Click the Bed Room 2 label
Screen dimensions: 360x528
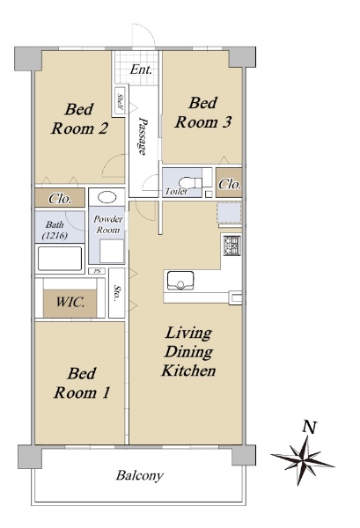coord(80,119)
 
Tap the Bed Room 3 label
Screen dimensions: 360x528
coord(203,113)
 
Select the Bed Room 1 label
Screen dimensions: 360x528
coord(82,383)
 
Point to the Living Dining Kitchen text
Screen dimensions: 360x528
coord(188,351)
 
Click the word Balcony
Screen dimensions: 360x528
coord(140,475)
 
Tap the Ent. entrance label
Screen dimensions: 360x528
coord(141,70)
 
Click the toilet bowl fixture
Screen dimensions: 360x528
coord(190,183)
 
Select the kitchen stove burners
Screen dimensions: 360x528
coord(232,246)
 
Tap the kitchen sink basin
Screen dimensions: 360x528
coord(180,280)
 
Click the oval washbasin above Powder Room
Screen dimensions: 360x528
coord(107,197)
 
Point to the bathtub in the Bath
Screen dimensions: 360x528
coord(60,258)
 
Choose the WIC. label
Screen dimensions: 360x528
coord(70,302)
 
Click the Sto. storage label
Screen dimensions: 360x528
coord(117,293)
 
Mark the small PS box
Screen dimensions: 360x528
coord(97,271)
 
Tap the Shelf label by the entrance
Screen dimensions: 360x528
coord(120,101)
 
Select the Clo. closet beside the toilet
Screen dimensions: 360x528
coord(230,184)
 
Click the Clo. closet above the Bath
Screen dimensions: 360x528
coord(60,199)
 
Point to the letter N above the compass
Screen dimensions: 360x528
coord(309,427)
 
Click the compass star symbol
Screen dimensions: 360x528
coord(303,460)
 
